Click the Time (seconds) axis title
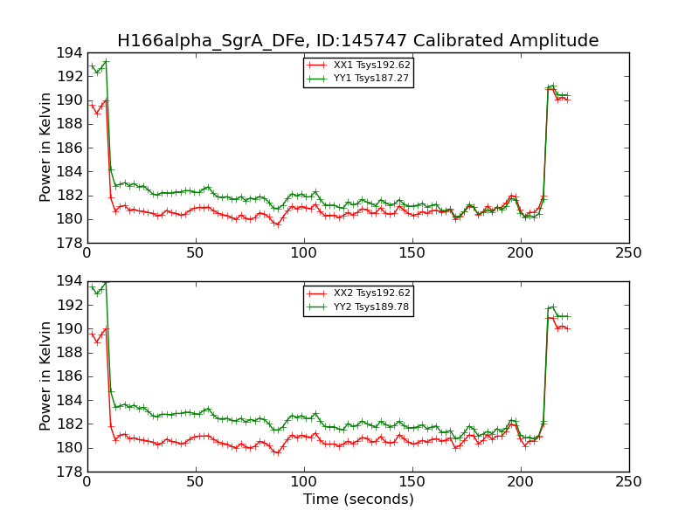point(358,500)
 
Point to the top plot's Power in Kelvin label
point(46,148)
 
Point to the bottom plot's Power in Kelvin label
point(46,376)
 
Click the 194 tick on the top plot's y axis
point(69,53)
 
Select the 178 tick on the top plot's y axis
point(69,244)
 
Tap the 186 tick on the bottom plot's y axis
point(69,376)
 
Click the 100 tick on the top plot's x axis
point(304,252)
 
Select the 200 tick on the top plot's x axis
point(521,252)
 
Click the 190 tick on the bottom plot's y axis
point(69,329)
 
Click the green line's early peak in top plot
point(106,61)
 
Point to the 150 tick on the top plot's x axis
point(412,252)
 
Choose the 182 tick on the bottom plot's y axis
point(69,424)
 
